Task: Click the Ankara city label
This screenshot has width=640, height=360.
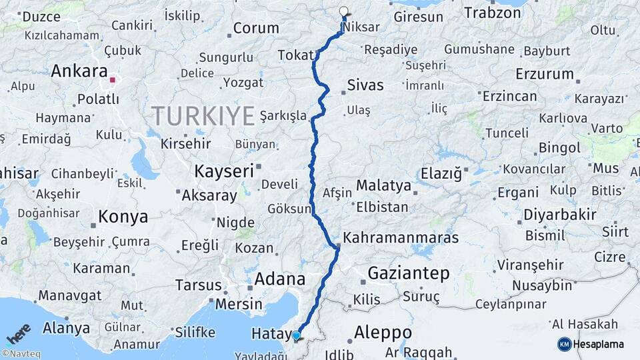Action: tap(79, 71)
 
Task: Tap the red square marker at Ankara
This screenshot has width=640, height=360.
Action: tap(113, 80)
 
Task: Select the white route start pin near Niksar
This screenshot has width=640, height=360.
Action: tap(344, 11)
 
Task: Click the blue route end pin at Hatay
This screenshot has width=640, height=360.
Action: tap(296, 336)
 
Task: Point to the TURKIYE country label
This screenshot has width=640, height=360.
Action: tap(203, 116)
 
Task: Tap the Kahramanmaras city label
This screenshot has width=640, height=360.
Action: tap(401, 238)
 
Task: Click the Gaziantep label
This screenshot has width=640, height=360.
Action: tap(409, 273)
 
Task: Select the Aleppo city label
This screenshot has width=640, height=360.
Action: tap(383, 332)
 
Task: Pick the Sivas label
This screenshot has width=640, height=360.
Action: tap(365, 85)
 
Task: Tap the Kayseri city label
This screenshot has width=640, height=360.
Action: tap(224, 171)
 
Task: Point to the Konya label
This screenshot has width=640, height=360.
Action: tap(123, 217)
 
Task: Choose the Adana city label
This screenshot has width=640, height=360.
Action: tap(279, 279)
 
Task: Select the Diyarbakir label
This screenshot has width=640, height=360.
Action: tap(559, 215)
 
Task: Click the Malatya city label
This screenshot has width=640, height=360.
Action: tap(383, 185)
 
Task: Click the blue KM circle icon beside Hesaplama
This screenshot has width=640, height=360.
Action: tap(564, 344)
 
